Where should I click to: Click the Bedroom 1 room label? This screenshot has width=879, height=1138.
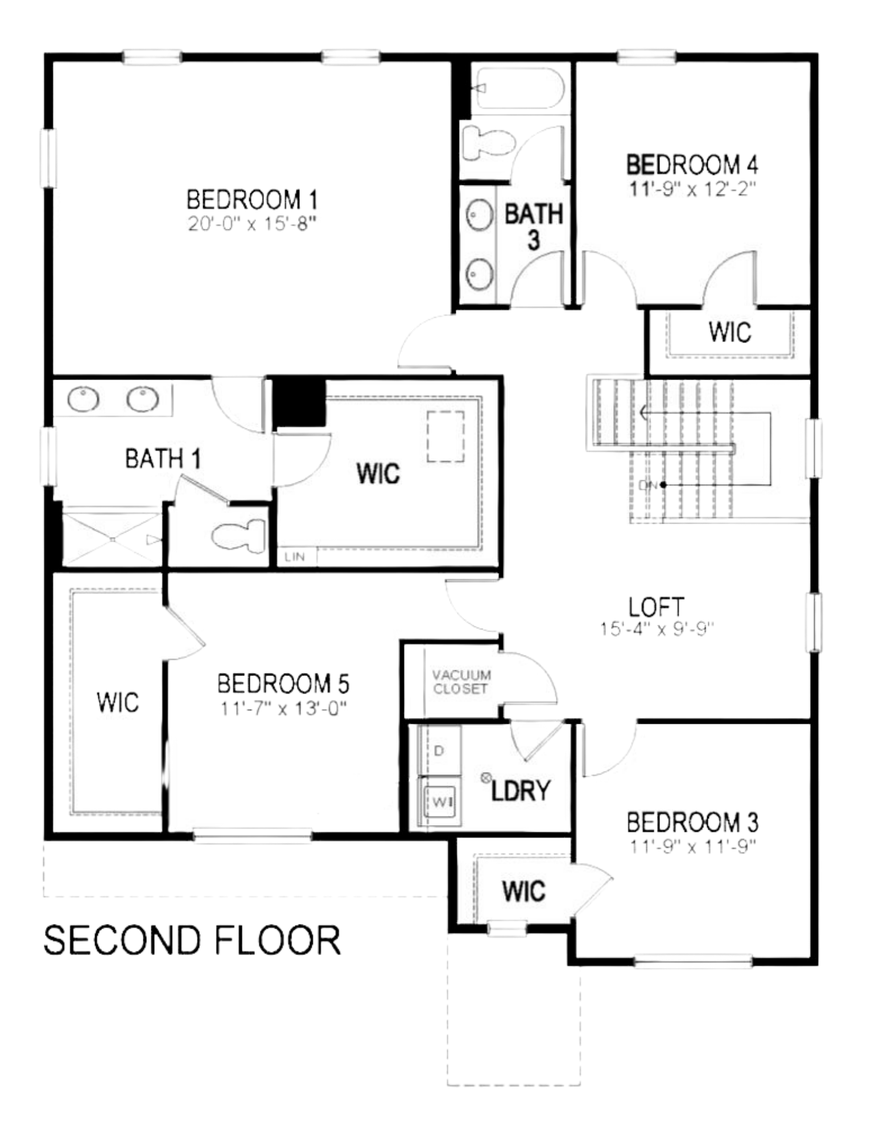(252, 200)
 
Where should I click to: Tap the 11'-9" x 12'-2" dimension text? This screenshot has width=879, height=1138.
(692, 188)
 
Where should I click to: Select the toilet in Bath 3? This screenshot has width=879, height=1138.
(489, 143)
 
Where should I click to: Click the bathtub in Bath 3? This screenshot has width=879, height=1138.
(519, 88)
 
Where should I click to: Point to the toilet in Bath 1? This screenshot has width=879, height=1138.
(238, 535)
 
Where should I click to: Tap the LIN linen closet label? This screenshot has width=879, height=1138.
(295, 556)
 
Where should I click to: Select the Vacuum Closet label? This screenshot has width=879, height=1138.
(461, 682)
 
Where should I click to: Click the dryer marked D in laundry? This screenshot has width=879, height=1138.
(439, 751)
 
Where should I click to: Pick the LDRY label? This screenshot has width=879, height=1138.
(521, 790)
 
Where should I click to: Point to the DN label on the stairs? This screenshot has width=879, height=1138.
(647, 485)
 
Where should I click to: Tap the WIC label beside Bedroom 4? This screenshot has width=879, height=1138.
(730, 332)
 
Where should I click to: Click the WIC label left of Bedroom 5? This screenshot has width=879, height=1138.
(118, 702)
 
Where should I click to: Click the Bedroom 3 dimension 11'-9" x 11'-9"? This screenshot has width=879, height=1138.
(692, 847)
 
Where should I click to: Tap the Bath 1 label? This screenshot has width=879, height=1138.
(163, 458)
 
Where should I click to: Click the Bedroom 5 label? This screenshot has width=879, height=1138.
(283, 683)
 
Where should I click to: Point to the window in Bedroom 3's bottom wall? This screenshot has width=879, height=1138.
(692, 961)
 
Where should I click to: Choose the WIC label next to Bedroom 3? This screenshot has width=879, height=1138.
(523, 891)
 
